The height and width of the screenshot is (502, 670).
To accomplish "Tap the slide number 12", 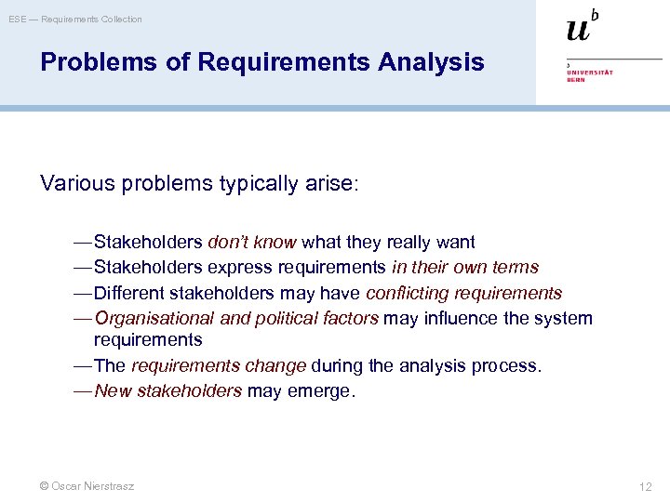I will pyautogui.click(x=646, y=486).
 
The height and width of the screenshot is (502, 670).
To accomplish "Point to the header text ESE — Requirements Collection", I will pyautogui.click(x=75, y=19).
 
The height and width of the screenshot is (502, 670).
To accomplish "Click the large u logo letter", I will pyautogui.click(x=578, y=30).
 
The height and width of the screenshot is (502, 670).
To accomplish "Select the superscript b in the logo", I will pyautogui.click(x=596, y=15).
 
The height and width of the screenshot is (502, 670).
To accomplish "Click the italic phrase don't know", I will pyautogui.click(x=251, y=243).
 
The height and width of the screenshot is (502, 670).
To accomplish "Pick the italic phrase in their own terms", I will pyautogui.click(x=464, y=268).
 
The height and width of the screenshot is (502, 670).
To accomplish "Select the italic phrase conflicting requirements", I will pyautogui.click(x=463, y=293).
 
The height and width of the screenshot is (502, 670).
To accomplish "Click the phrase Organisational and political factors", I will pyautogui.click(x=236, y=318).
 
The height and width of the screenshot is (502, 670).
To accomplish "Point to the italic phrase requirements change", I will pyautogui.click(x=219, y=366).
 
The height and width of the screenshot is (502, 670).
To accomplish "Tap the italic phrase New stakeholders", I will pyautogui.click(x=168, y=391).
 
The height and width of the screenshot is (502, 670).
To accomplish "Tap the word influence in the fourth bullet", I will pyautogui.click(x=464, y=318).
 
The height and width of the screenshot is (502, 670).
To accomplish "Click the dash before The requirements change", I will pyautogui.click(x=83, y=366).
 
